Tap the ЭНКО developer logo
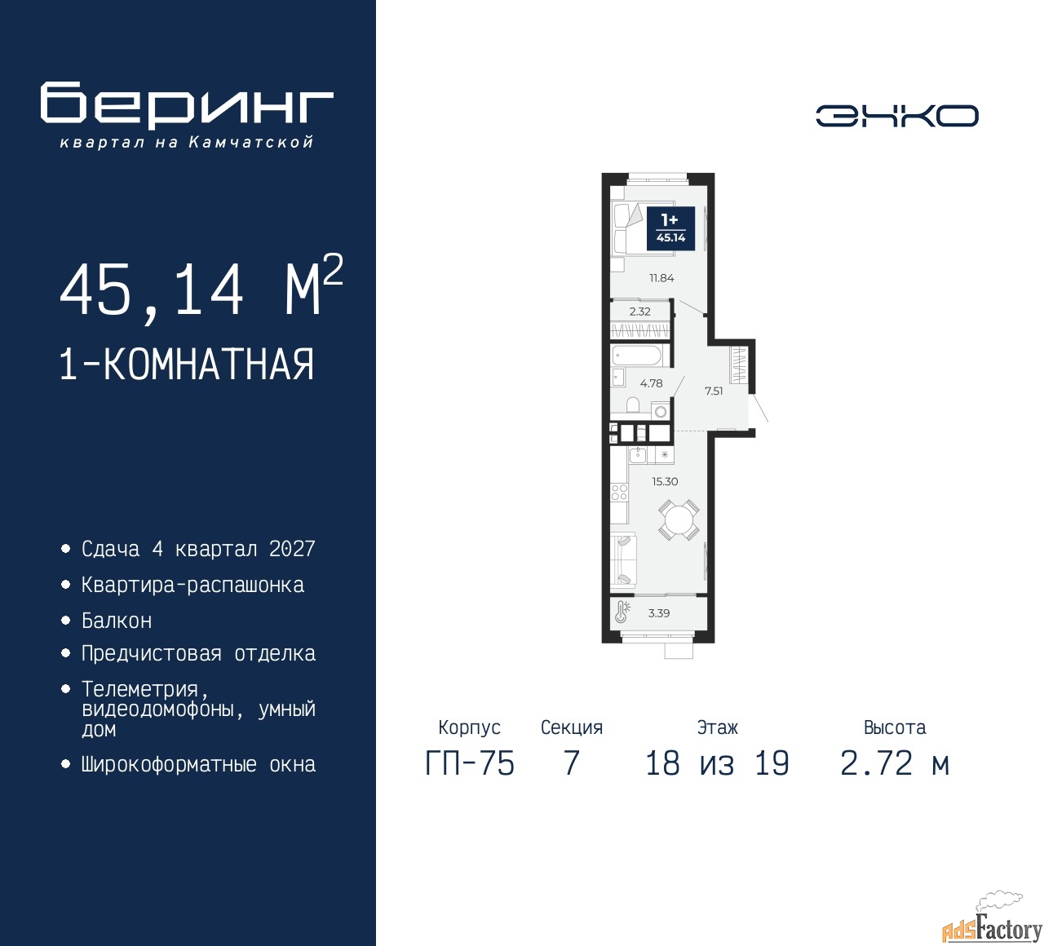click(896, 116)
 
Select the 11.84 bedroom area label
click(661, 278)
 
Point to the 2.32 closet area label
click(639, 312)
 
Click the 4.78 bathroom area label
click(651, 383)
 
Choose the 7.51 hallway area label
click(714, 391)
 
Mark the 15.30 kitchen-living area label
click(665, 482)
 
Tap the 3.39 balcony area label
click(658, 613)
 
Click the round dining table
click(678, 519)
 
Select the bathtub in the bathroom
click(636, 356)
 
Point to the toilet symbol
click(633, 404)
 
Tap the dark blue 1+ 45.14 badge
click(670, 229)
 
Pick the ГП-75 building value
click(470, 763)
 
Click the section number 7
click(571, 763)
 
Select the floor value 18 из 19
click(717, 763)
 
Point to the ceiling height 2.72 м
click(895, 763)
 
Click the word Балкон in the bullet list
click(117, 621)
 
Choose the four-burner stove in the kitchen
click(619, 492)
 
